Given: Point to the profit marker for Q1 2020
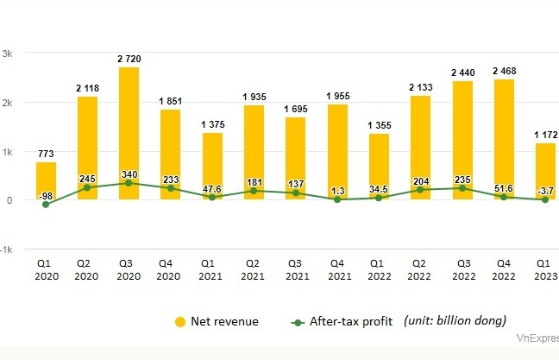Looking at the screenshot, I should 46,205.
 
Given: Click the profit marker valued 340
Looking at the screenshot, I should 129,183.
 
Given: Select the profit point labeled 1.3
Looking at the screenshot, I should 336,199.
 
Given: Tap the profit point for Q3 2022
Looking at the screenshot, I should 462,188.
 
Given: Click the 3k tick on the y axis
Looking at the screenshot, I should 7,54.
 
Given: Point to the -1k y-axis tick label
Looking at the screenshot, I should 6,249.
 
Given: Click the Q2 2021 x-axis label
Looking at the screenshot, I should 254,269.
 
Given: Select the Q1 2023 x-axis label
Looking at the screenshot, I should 544,269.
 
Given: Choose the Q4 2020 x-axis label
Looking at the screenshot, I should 170,269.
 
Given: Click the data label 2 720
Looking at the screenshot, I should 129,59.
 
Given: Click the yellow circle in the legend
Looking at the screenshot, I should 179,322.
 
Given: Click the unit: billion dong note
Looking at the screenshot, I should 455,321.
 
